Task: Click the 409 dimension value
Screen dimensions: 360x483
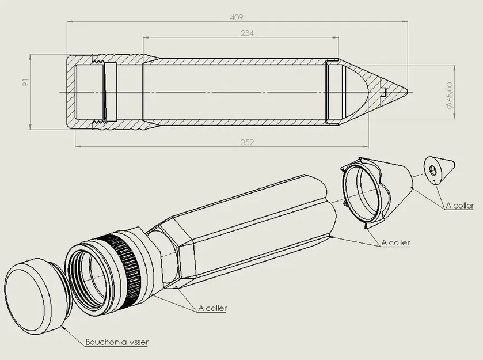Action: (x=235, y=17)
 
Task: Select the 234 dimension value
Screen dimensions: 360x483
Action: (x=246, y=33)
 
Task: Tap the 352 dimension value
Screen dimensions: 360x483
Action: (x=246, y=142)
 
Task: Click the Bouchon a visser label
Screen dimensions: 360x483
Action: (x=117, y=342)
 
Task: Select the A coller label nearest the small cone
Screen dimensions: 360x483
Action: (x=459, y=206)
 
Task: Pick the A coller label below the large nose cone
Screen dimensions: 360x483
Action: (x=395, y=242)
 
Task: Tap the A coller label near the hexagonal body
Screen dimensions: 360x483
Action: (x=212, y=308)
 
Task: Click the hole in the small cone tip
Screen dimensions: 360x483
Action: (x=432, y=170)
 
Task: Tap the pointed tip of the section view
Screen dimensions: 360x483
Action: (x=406, y=92)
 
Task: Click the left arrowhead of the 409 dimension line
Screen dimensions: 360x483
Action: (x=70, y=22)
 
